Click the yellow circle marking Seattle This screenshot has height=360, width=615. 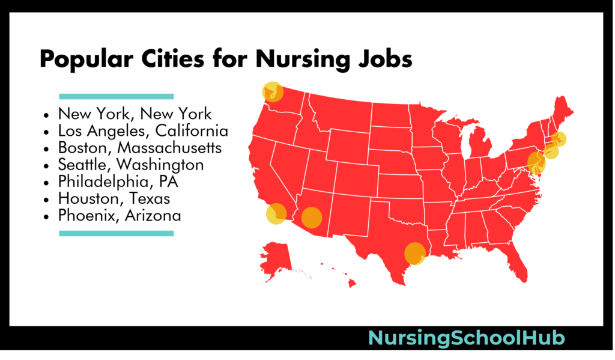click(x=272, y=91)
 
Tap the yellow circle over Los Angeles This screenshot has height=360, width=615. click(x=276, y=214)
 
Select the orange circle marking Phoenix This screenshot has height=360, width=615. click(x=312, y=217)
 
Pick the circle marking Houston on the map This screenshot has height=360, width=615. click(x=414, y=254)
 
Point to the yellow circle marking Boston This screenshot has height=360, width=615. click(x=559, y=139)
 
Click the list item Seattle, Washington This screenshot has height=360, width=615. click(x=131, y=164)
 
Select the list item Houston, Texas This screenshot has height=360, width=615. click(x=114, y=198)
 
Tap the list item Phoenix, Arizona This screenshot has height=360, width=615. click(x=120, y=215)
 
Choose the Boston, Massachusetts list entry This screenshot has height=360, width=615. click(x=140, y=147)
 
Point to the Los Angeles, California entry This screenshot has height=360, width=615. click(x=143, y=130)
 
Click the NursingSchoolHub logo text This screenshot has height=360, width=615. click(x=466, y=338)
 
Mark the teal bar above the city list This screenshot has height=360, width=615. click(x=116, y=96)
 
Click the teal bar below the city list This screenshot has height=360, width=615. click(x=116, y=233)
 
